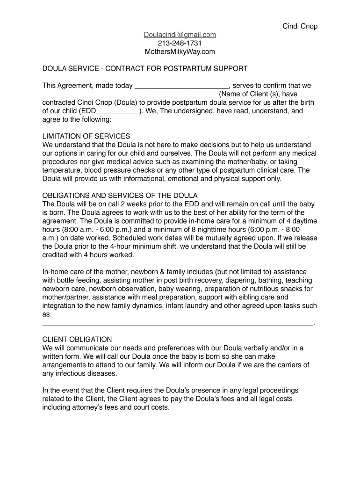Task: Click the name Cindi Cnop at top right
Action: point(300,26)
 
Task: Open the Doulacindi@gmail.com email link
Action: point(180,35)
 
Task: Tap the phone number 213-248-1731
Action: point(180,43)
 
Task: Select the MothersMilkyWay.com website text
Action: point(180,51)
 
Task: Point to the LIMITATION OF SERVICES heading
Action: point(86,136)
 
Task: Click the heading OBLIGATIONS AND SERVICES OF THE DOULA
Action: point(120,195)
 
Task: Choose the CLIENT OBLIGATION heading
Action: point(77,339)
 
